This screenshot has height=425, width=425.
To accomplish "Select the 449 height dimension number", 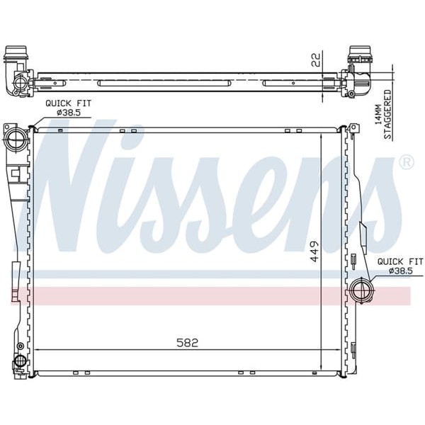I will pos(314,253).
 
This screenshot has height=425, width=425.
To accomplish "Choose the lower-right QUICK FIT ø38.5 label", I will pos(399,266).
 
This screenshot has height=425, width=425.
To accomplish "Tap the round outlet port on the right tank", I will pos(361,290).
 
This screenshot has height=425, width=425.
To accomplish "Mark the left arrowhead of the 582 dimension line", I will pos(38,350).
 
